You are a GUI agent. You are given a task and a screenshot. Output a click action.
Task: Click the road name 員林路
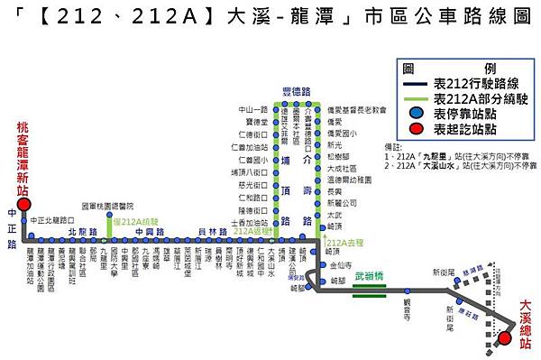[x=208, y=232]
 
